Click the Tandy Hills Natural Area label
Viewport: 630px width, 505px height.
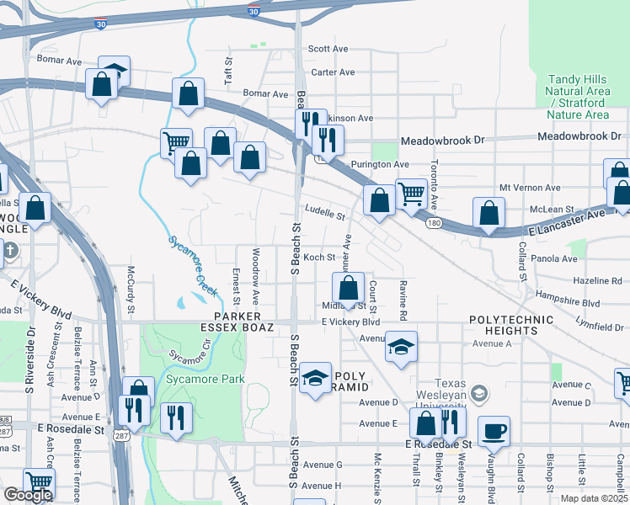(577, 90)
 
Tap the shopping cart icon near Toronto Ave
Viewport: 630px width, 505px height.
(410, 194)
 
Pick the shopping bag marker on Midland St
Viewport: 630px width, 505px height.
(348, 288)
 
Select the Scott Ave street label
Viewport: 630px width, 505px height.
(328, 49)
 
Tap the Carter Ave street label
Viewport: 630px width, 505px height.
(334, 72)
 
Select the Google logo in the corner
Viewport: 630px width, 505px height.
(27, 495)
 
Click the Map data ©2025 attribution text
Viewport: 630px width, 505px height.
(595, 498)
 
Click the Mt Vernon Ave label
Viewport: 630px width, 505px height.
(530, 188)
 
